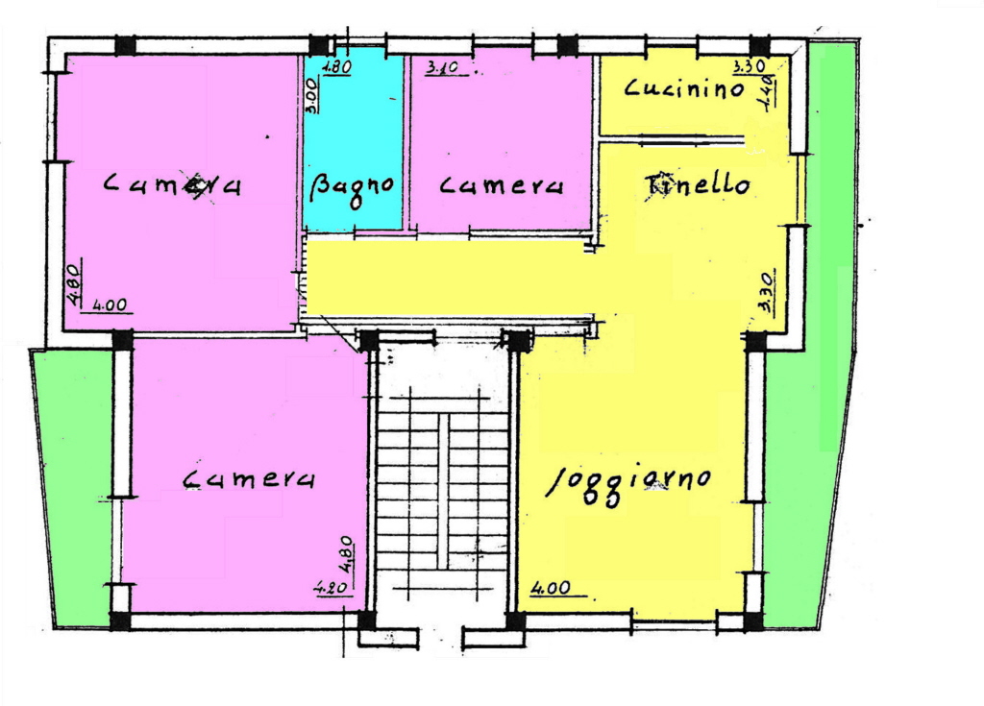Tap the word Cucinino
(684, 88)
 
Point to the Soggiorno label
(628, 482)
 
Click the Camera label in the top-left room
(172, 184)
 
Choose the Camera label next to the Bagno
(501, 185)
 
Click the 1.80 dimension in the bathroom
(337, 66)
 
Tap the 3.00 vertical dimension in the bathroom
(312, 94)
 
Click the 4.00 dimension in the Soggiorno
(551, 588)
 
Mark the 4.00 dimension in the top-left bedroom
(110, 305)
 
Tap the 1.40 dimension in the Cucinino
(768, 92)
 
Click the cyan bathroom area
(354, 141)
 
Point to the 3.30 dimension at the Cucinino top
(750, 65)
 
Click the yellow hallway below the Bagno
(449, 278)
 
